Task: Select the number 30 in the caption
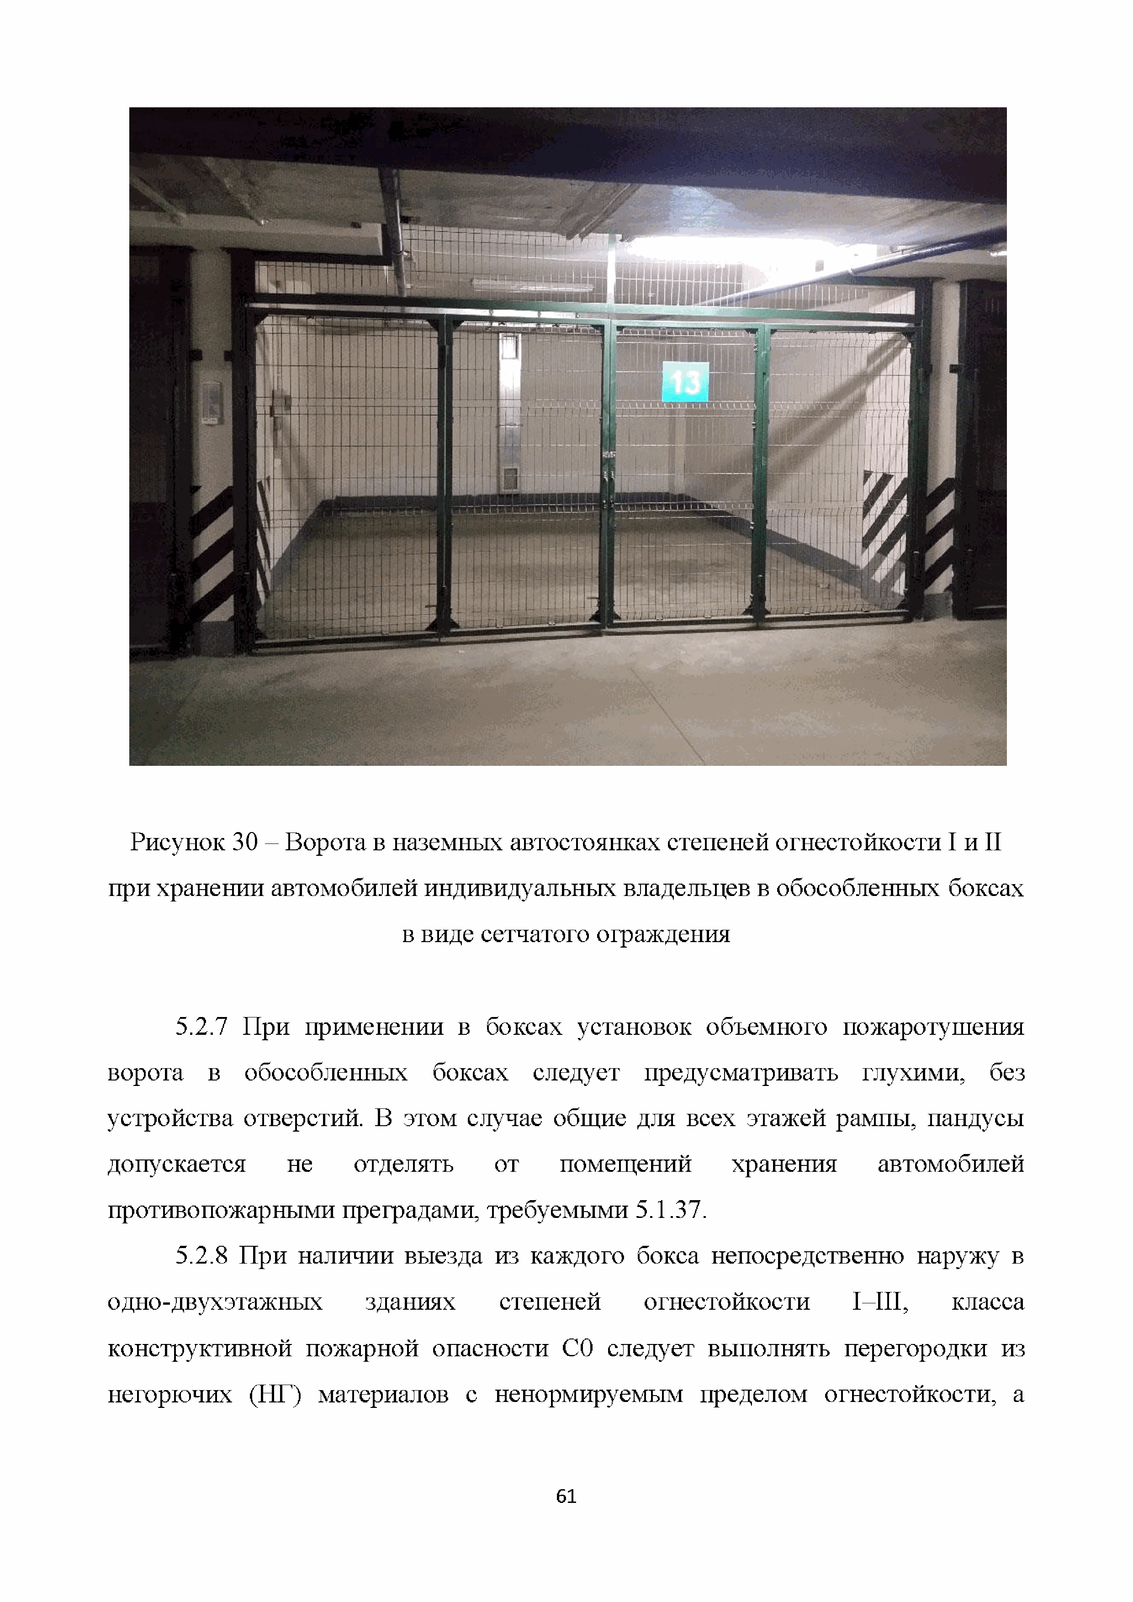click(x=245, y=843)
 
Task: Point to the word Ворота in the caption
click(x=325, y=843)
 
